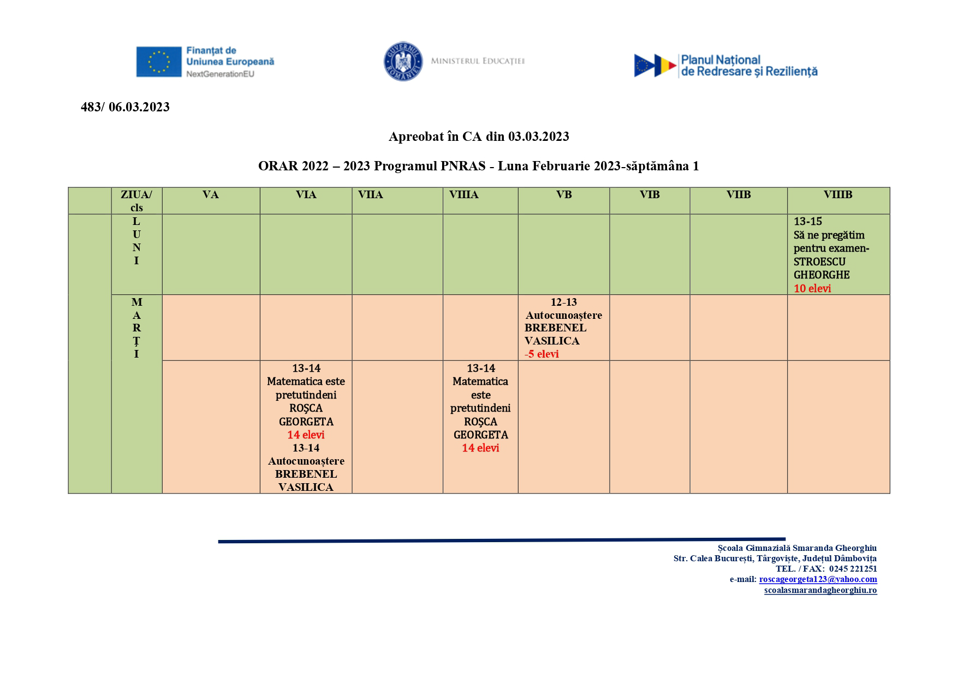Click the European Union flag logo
tap(158, 61)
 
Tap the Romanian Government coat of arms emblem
tap(403, 61)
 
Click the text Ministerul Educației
tap(478, 61)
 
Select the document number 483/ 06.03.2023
tap(125, 107)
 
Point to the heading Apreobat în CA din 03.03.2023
tap(479, 136)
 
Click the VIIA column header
tap(371, 195)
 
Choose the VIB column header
tap(650, 195)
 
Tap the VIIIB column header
tap(838, 195)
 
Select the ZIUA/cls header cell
tap(136, 200)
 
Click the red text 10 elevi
tap(812, 288)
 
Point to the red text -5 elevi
tap(542, 354)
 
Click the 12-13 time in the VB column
tap(564, 302)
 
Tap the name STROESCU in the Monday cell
tap(819, 262)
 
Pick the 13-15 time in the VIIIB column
tap(808, 221)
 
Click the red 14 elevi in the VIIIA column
tap(480, 448)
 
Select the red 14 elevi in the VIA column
tap(306, 435)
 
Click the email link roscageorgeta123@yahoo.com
tap(818, 579)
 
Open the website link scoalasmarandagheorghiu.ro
tap(820, 590)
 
